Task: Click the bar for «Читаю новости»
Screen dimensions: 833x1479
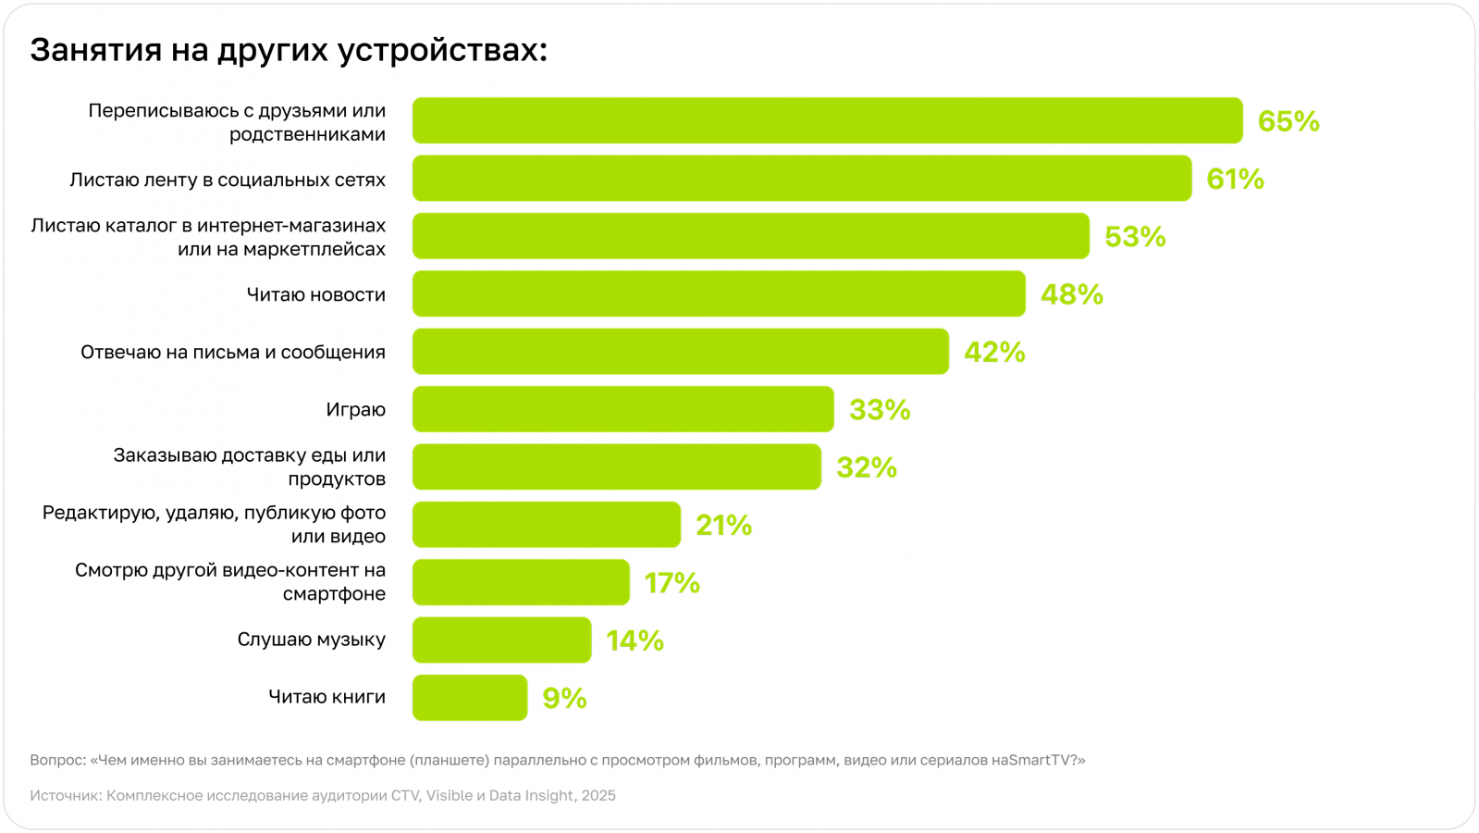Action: coord(719,293)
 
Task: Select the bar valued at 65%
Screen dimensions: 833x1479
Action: coord(827,120)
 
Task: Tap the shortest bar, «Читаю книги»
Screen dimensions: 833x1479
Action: coord(470,697)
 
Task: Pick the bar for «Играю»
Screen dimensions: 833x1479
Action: coord(622,409)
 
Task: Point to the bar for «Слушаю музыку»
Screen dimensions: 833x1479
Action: coord(501,640)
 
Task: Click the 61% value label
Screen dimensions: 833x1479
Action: coord(1235,179)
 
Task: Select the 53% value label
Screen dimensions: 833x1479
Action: coord(1135,237)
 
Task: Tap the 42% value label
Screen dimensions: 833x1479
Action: coord(994,352)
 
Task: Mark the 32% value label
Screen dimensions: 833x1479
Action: coord(867,467)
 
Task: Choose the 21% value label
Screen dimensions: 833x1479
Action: coord(723,525)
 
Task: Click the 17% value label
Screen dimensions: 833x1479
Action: coord(672,583)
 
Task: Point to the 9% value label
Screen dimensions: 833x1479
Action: coord(564,698)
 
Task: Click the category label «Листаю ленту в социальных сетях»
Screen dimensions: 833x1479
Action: coord(228,180)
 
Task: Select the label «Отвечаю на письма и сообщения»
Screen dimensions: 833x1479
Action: coord(233,353)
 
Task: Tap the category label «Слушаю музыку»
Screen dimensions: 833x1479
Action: coord(311,640)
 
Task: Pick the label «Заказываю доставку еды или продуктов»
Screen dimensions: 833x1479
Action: coord(250,467)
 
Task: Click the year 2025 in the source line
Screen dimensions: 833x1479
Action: coord(598,795)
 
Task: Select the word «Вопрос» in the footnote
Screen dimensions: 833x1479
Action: coord(56,760)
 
